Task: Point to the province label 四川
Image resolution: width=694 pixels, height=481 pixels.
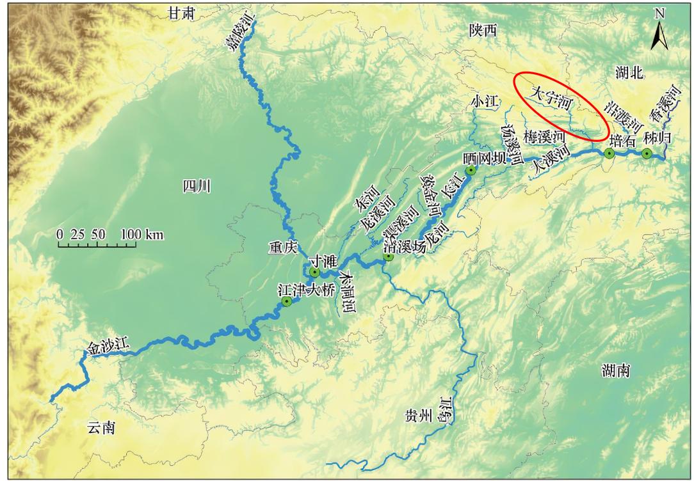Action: [197, 187]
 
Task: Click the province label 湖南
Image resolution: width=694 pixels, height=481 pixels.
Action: [617, 370]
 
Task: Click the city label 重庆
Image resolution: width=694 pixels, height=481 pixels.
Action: [282, 247]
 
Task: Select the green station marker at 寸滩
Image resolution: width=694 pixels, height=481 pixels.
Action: [314, 272]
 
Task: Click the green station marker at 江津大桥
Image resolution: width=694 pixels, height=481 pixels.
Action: [287, 301]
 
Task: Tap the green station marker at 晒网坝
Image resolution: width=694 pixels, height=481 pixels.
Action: [471, 170]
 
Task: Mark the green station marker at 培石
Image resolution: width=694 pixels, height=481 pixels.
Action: [609, 153]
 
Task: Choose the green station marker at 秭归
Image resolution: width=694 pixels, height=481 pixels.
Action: [647, 153]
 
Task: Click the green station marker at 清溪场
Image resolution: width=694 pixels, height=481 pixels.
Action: [388, 256]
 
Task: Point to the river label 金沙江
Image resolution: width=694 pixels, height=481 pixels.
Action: [107, 347]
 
